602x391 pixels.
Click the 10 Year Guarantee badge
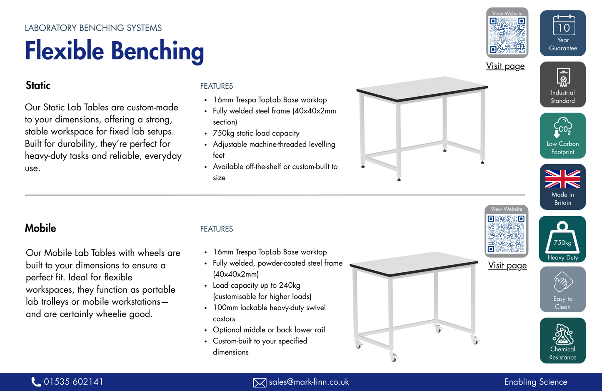(x=562, y=33)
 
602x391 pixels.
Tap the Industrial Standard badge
(x=562, y=85)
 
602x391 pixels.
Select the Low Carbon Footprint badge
(x=562, y=136)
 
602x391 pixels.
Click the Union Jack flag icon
(x=562, y=179)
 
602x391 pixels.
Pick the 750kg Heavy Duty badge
(x=562, y=239)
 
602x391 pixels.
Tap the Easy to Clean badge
(x=562, y=289)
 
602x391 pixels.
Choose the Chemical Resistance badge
(x=562, y=341)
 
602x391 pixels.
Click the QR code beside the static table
(x=507, y=35)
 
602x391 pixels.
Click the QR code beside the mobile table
(x=506, y=233)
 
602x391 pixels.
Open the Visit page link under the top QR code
(x=505, y=66)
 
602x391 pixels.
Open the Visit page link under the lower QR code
(x=507, y=266)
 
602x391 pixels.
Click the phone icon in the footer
(x=36, y=382)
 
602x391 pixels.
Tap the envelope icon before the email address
(x=260, y=382)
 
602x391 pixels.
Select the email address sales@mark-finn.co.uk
(x=309, y=382)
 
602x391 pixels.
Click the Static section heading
(x=38, y=85)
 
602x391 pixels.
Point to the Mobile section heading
(x=40, y=228)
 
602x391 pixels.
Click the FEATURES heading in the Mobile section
(x=217, y=229)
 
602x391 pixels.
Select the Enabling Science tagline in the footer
(x=535, y=382)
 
